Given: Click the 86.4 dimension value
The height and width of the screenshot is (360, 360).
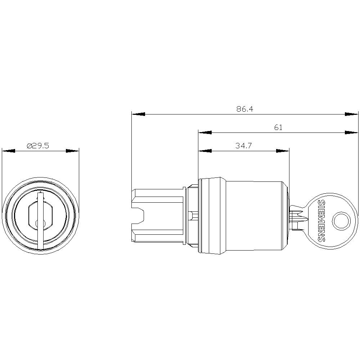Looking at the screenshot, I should click(245, 109).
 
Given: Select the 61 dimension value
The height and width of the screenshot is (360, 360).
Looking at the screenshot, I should click(278, 127).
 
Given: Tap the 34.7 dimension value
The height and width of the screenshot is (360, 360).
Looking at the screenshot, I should click(243, 146).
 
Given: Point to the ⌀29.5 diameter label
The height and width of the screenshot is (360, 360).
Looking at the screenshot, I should click(38, 146).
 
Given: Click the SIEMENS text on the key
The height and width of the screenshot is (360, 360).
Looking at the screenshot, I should click(321, 221).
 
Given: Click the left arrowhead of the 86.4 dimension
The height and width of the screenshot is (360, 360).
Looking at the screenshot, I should click(138, 114).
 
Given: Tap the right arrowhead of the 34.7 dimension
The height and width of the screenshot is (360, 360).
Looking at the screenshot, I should click(283, 151).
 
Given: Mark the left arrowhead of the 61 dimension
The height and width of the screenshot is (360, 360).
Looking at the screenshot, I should click(205, 132).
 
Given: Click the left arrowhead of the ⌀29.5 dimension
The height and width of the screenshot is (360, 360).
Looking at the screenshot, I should click(9, 151).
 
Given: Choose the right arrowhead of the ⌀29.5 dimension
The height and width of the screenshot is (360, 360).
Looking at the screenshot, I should click(72, 151).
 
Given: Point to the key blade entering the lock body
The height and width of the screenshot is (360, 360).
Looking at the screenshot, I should click(297, 218).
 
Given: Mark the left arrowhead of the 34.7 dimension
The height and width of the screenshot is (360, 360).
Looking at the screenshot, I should click(205, 151).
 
